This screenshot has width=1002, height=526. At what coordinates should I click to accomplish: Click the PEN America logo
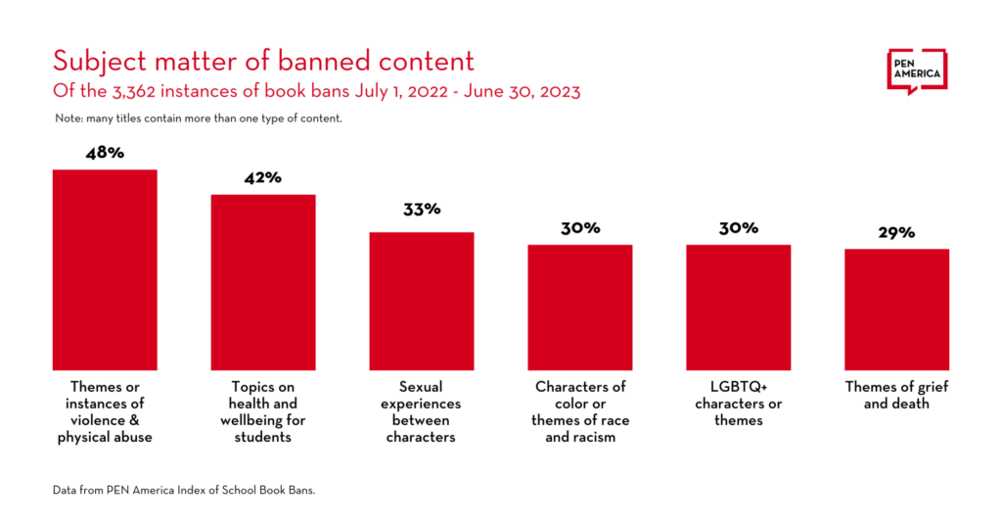[x=917, y=71]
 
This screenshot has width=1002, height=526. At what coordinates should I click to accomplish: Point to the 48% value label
[x=105, y=154]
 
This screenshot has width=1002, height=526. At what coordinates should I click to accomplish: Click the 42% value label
[x=263, y=178]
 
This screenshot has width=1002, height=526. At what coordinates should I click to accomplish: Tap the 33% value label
[x=422, y=210]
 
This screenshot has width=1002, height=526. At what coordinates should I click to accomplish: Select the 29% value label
[x=896, y=232]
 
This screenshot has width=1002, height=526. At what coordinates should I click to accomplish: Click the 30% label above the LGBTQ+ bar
[x=739, y=228]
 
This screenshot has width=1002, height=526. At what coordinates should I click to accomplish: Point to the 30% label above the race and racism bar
[x=580, y=228]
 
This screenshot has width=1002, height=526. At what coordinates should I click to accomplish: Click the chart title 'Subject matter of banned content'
[x=263, y=62]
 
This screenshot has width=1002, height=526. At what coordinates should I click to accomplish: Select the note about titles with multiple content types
[x=198, y=119]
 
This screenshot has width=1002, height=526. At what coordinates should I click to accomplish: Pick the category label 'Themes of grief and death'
[x=897, y=395]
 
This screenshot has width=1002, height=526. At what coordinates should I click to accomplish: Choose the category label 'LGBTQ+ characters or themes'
[x=739, y=404]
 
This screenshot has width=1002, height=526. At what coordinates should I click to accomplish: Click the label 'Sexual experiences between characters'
[x=422, y=411]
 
